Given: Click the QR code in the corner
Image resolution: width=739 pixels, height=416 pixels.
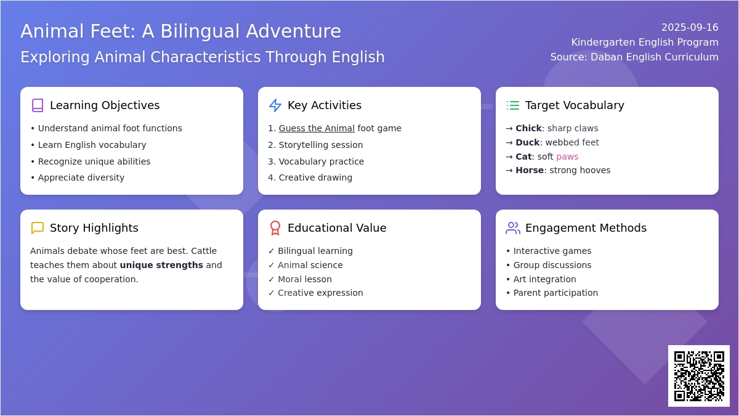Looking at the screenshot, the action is click(699, 376).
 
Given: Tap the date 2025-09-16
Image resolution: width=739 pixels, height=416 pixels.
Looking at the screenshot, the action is click(690, 27).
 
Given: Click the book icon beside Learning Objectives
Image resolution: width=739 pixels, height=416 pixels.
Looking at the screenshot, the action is click(38, 105).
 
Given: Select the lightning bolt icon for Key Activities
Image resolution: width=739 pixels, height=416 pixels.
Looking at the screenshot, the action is click(275, 105).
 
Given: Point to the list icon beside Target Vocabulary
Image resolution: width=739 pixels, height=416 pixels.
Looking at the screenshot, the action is click(512, 105).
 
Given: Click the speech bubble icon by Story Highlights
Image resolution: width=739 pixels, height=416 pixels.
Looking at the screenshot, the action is click(38, 228).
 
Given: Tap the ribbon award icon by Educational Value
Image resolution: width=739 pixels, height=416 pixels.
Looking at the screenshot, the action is click(275, 228).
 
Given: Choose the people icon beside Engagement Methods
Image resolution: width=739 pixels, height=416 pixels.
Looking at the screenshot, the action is click(512, 228).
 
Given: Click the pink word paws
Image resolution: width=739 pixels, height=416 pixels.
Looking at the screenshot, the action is click(567, 157).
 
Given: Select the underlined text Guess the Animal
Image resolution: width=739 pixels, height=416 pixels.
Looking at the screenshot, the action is click(317, 128).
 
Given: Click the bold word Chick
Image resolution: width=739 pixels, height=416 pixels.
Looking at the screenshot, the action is click(528, 128).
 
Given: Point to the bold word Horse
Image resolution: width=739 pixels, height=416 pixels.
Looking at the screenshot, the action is click(530, 170).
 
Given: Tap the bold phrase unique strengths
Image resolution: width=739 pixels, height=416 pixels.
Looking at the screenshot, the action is click(161, 265).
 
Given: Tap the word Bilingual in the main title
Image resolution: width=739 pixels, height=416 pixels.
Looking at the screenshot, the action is click(200, 31).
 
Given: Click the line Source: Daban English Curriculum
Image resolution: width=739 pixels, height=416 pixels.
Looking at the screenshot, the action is click(634, 57).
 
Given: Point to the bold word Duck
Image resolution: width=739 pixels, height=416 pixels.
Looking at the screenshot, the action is click(528, 142).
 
